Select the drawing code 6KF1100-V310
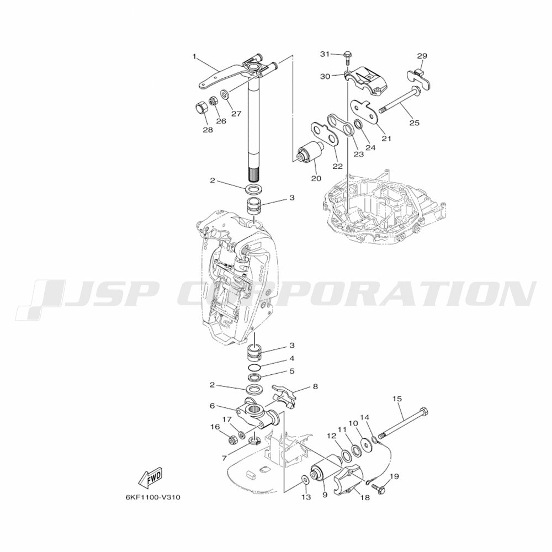[152, 497]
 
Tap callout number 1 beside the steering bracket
[195, 56]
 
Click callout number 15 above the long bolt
[397, 399]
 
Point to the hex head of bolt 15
[423, 412]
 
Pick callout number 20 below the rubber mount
[316, 178]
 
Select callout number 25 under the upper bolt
[414, 123]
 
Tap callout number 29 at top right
[422, 56]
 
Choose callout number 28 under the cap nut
[208, 130]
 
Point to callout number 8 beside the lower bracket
[315, 387]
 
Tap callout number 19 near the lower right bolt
[394, 476]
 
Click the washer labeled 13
[305, 478]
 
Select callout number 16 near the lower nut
[215, 427]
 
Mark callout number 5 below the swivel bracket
[292, 371]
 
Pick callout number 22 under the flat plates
[337, 166]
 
